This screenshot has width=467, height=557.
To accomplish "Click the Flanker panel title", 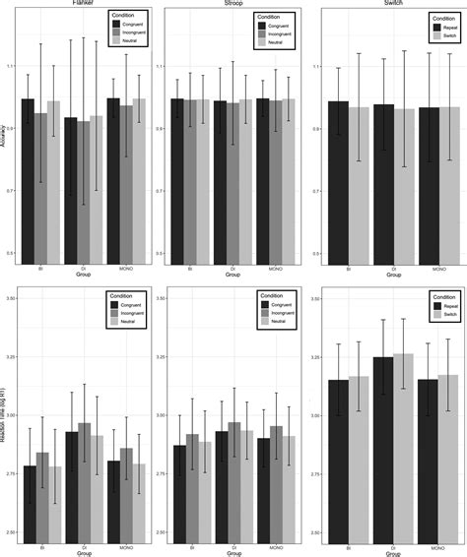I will [x=83, y=3].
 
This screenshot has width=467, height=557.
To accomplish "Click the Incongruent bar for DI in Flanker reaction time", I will [x=84, y=482].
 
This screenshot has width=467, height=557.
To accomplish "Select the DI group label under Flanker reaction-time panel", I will [x=84, y=548].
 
